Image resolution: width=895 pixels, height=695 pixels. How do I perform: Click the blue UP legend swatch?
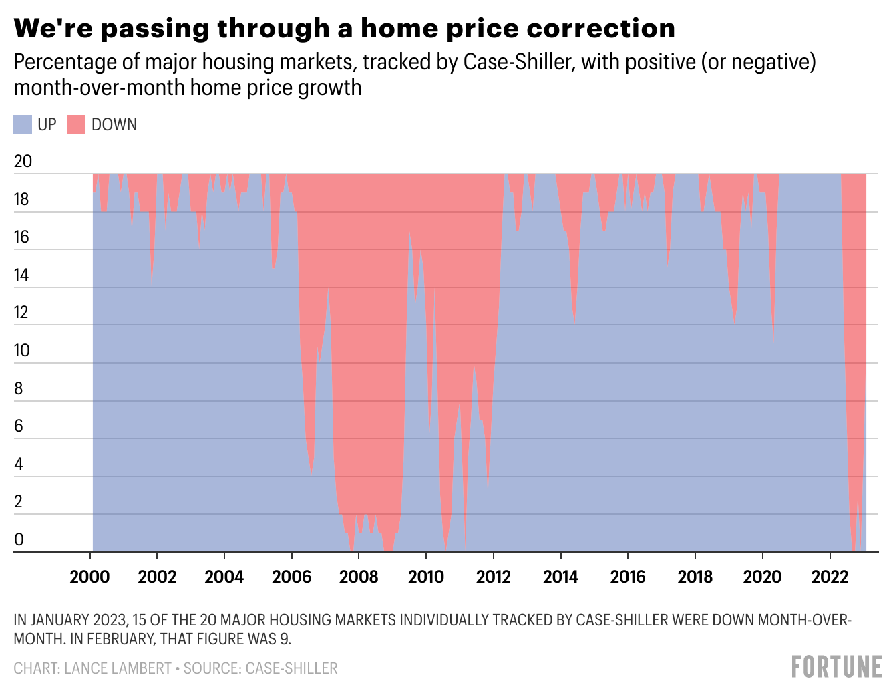click(23, 124)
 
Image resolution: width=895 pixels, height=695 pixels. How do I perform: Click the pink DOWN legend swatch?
click(76, 124)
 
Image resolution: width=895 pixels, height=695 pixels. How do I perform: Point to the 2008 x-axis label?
click(359, 576)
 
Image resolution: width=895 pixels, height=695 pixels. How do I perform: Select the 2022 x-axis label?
click(830, 576)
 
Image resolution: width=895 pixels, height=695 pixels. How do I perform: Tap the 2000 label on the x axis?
click(89, 576)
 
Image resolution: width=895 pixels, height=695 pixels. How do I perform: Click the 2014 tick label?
click(560, 576)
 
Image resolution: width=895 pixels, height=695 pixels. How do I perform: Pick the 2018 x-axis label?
click(695, 576)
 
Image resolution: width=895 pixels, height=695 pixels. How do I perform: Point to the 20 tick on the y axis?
click(23, 162)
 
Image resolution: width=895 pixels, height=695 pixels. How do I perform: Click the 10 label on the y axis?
click(22, 350)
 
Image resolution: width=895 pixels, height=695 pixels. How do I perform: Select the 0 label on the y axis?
click(19, 539)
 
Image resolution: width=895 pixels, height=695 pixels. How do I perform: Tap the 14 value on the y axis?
click(22, 275)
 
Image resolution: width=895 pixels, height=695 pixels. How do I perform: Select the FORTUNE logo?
click(836, 667)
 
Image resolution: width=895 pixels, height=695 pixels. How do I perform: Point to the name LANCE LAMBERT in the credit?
click(118, 668)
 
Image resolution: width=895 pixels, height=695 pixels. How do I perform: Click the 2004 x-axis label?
click(224, 576)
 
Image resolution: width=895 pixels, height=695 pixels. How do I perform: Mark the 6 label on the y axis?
click(19, 426)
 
